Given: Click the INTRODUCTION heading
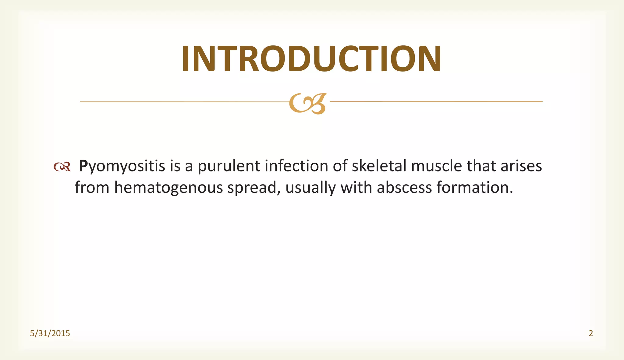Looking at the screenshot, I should (x=311, y=58).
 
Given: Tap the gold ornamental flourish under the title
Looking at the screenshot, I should (x=308, y=104).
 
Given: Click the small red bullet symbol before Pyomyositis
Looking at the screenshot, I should (x=62, y=167).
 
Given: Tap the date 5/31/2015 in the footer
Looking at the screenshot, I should (x=50, y=334).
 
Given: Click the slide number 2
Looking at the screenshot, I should (x=591, y=334).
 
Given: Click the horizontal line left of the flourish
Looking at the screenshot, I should (x=183, y=102).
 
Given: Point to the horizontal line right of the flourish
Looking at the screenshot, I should (x=436, y=101).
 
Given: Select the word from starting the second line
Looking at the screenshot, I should (x=92, y=187).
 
